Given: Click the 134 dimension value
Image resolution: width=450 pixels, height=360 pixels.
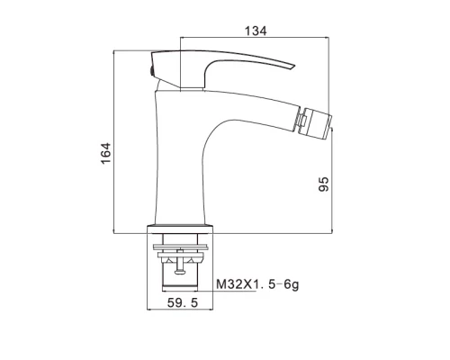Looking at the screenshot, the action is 256,31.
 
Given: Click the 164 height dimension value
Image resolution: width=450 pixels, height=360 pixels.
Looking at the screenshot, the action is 106,153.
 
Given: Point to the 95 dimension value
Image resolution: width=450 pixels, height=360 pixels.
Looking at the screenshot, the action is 323,184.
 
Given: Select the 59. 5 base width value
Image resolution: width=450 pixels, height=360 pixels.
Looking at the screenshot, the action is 183,302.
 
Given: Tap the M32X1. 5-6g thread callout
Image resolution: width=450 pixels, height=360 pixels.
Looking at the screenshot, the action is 257,284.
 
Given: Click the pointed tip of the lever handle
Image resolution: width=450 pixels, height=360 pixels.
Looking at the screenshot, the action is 295,66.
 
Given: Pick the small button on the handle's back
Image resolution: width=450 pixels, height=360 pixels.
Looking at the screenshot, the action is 152,72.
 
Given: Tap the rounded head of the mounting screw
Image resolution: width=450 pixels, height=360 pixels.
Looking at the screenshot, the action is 180,272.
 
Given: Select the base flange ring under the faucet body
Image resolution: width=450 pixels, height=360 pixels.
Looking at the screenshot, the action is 180,229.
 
